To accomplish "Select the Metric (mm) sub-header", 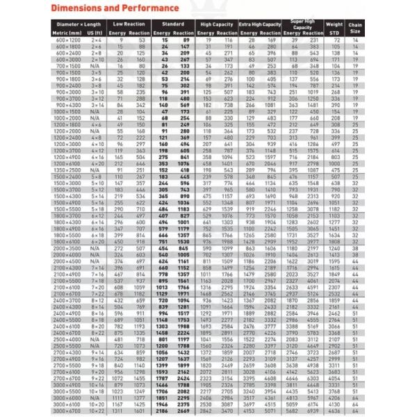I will [x=69, y=33].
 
